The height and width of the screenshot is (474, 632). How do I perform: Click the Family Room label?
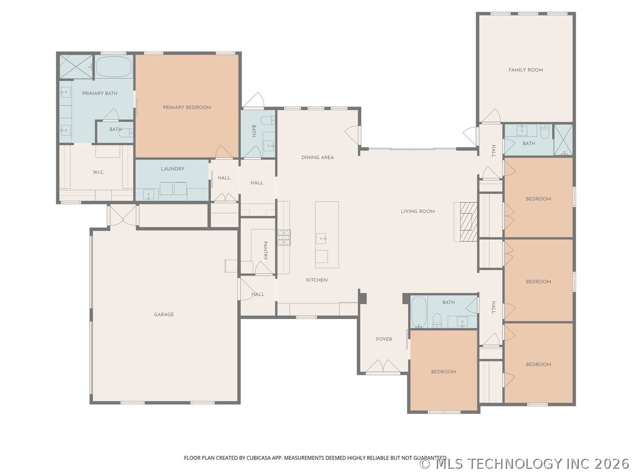[526, 70]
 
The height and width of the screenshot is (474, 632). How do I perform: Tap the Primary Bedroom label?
[187, 107]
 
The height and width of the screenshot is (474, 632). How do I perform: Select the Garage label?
[164, 314]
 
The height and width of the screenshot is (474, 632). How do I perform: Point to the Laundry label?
[172, 169]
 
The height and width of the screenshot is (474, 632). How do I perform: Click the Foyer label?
[384, 339]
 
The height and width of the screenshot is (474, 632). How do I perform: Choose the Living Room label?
[418, 211]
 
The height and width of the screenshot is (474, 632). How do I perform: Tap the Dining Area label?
[317, 157]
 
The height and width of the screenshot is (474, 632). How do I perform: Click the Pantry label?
[265, 250]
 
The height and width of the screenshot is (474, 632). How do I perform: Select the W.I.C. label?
[98, 172]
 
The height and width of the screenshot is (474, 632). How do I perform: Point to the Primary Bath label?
[100, 93]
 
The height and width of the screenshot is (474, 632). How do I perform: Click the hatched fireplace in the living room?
[468, 222]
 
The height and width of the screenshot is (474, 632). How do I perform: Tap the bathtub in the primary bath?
[113, 67]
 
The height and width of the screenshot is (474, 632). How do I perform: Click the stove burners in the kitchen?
[284, 238]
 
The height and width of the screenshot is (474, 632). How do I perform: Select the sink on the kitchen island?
[321, 238]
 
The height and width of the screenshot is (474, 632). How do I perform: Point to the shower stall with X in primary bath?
[76, 67]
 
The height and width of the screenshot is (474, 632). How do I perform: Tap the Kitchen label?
[317, 280]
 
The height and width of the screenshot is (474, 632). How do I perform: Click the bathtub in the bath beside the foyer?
[419, 312]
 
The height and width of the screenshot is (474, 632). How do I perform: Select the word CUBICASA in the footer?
[259, 458]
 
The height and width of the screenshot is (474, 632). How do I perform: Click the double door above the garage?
[123, 215]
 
